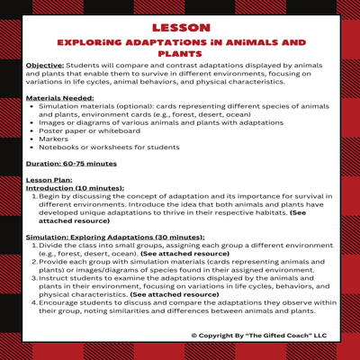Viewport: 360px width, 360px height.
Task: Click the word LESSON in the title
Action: (180, 28)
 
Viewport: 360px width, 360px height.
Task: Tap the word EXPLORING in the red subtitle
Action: (84, 42)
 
